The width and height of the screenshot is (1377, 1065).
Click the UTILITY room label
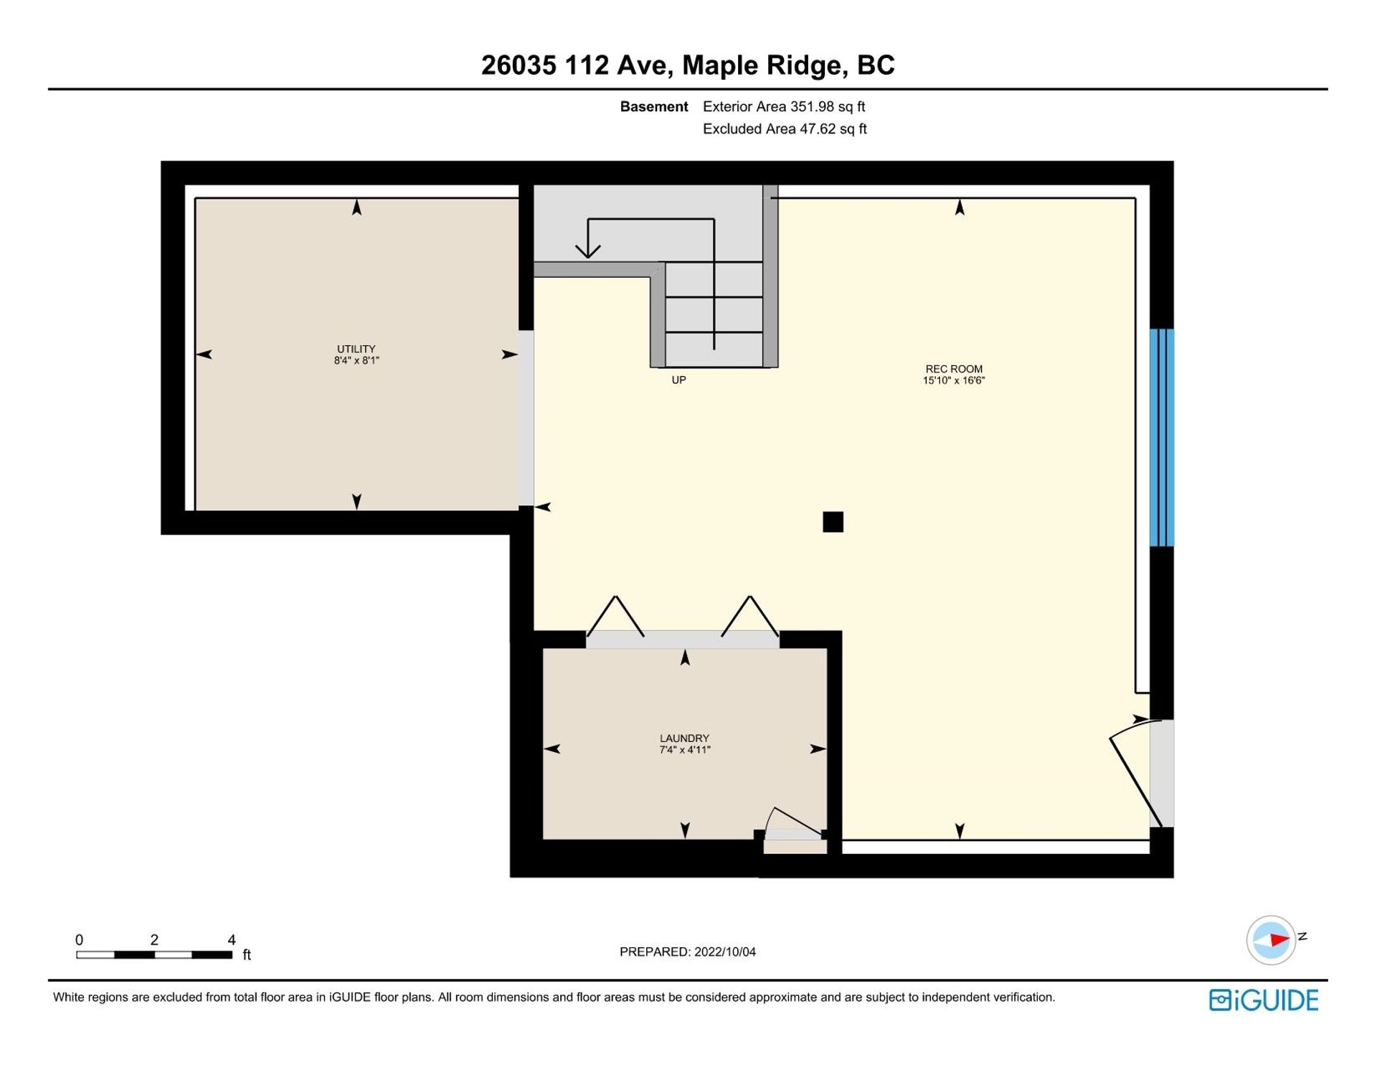[356, 349]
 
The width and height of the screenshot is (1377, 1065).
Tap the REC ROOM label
[954, 370]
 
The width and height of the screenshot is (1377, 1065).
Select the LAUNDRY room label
[684, 738]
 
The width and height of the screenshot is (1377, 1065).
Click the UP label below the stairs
[678, 380]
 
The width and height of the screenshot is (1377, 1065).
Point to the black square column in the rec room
[833, 522]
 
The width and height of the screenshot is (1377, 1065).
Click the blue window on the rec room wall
[1162, 438]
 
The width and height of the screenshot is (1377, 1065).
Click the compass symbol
[1272, 939]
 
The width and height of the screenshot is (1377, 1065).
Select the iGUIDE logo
[1264, 1000]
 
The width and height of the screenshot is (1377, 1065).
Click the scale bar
[154, 955]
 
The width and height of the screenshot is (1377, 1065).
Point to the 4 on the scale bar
[232, 939]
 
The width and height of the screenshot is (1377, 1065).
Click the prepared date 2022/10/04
[725, 952]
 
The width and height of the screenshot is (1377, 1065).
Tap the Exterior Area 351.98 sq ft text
[784, 107]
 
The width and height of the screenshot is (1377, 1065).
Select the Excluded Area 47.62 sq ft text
[785, 129]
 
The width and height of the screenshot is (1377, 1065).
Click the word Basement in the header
[654, 107]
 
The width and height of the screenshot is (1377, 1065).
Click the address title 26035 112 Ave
[576, 65]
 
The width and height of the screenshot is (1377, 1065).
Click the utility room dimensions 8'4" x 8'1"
[356, 361]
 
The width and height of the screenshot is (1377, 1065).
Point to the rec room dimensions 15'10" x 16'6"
[954, 381]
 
